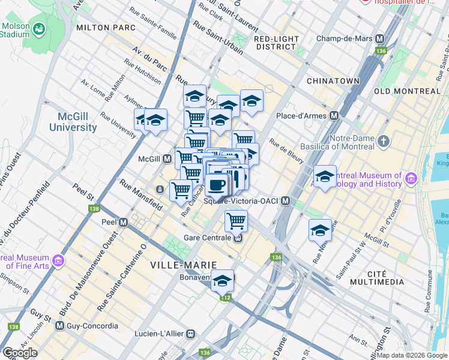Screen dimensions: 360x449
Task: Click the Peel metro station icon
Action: [124, 221]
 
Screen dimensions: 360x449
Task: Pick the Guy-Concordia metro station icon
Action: [59, 326]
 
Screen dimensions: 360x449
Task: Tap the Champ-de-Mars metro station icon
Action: [379, 38]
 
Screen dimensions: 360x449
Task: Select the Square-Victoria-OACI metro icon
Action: [286, 201]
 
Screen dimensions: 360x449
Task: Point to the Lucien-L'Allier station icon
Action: [190, 333]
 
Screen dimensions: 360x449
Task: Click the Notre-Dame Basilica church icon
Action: [384, 142]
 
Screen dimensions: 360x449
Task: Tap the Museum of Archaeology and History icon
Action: [411, 178]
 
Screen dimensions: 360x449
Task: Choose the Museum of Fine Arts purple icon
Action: [58, 260]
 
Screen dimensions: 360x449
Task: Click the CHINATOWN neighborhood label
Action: [333, 80]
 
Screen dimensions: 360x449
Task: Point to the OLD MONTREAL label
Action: [406, 91]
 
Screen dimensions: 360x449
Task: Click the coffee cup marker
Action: [217, 184]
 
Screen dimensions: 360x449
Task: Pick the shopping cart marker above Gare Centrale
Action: [237, 220]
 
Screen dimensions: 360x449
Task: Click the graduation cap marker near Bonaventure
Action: [223, 280]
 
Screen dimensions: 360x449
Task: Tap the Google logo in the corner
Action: [20, 353]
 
